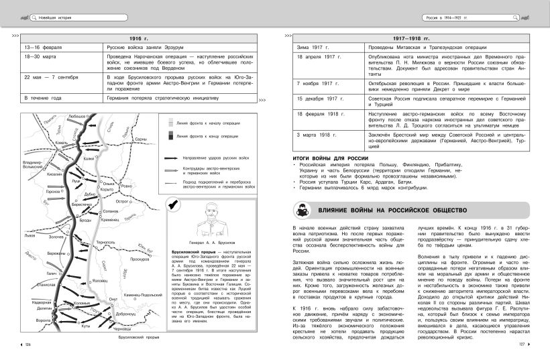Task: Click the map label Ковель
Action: pos(62,143)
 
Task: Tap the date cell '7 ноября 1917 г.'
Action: pos(319,83)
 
